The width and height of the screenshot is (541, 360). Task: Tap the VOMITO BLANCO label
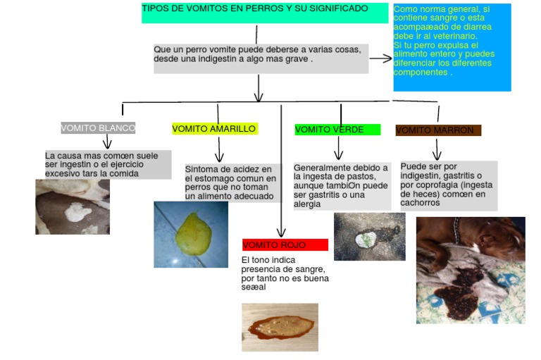tap(98, 128)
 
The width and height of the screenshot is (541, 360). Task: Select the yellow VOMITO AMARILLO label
tap(214, 129)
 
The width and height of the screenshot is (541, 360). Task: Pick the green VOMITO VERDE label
tap(337, 130)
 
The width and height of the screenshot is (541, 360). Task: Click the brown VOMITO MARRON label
tap(438, 130)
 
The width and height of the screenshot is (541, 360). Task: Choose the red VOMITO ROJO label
tap(285, 245)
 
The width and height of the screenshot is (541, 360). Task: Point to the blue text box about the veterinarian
tap(452, 47)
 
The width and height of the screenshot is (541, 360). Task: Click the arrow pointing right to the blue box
tap(380, 58)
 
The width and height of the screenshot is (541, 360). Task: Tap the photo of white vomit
tap(73, 206)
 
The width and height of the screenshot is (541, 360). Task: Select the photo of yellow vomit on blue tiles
tap(191, 234)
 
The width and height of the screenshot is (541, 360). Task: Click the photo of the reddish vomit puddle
tap(280, 327)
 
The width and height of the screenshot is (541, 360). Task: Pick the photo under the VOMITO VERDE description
tap(369, 237)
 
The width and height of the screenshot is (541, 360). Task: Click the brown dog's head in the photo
tap(497, 236)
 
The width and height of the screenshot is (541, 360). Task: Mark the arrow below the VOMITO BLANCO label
tap(107, 142)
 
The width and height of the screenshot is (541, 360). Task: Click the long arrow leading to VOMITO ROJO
tap(281, 176)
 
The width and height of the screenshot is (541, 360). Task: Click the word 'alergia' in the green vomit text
tap(307, 204)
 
